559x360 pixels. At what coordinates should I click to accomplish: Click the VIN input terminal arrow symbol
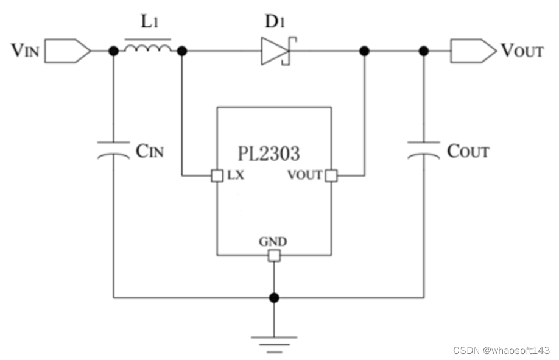(x=68, y=51)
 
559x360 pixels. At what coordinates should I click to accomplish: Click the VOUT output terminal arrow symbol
(x=473, y=51)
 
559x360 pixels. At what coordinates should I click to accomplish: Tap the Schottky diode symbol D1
(x=279, y=51)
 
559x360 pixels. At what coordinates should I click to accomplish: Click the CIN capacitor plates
(x=113, y=150)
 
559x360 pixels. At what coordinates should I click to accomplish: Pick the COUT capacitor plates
(x=424, y=150)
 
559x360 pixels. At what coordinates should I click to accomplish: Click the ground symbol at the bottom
(x=274, y=344)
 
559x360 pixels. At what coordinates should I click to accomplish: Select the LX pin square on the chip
(x=217, y=175)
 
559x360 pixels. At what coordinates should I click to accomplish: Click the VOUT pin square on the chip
(x=331, y=175)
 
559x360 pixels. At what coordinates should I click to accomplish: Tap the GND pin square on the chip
(x=274, y=255)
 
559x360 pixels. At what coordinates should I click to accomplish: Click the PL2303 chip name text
(x=269, y=154)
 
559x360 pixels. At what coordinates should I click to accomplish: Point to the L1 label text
(x=150, y=21)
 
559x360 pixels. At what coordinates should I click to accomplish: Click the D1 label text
(x=275, y=21)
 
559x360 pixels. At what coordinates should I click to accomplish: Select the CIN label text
(x=150, y=151)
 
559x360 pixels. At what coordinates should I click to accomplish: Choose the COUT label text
(x=468, y=151)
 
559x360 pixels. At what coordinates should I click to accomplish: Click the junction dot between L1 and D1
(x=182, y=51)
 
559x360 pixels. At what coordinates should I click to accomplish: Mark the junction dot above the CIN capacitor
(x=113, y=51)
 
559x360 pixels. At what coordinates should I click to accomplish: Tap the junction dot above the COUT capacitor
(x=424, y=51)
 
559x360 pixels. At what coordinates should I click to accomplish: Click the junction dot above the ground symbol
(x=274, y=297)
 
